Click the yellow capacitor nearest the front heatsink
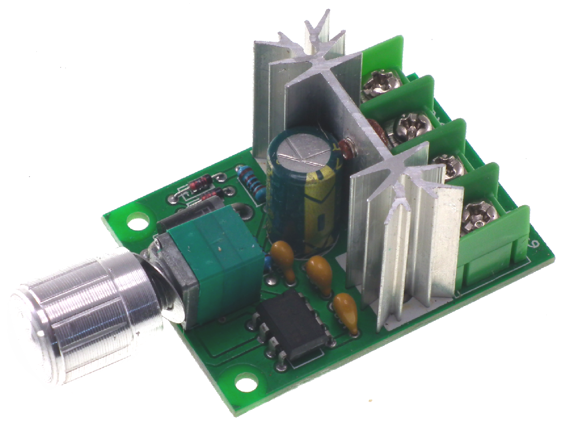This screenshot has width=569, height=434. (x=345, y=308)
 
